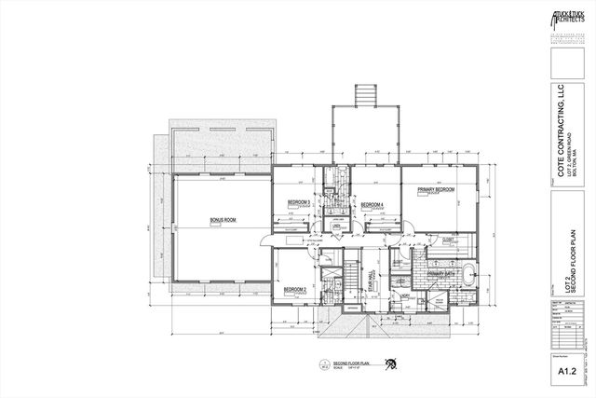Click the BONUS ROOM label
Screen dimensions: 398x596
click(223, 221)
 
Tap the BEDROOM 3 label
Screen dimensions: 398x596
click(298, 202)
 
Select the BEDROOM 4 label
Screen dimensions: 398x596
click(374, 204)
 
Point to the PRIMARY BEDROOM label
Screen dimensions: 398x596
click(436, 191)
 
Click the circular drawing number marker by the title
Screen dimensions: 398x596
click(323, 364)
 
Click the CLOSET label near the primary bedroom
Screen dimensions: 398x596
click(448, 240)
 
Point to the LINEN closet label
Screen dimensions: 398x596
click(334, 225)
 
